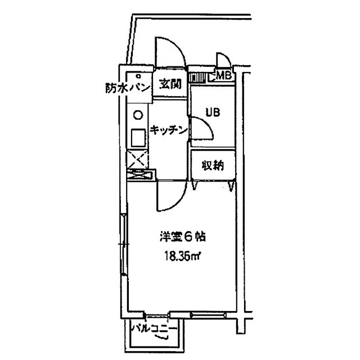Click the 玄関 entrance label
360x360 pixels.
click(x=170, y=84)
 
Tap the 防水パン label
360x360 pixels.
click(x=128, y=88)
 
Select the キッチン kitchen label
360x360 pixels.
click(x=169, y=130)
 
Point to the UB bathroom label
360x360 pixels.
click(x=213, y=112)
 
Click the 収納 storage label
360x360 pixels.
click(x=213, y=165)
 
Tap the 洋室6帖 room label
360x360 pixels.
click(x=182, y=237)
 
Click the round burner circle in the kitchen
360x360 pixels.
click(x=138, y=115)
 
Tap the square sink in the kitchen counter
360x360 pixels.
click(x=138, y=138)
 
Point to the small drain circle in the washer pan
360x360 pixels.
click(x=138, y=76)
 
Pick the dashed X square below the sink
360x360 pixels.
click(x=138, y=159)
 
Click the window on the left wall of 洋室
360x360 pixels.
click(x=124, y=244)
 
